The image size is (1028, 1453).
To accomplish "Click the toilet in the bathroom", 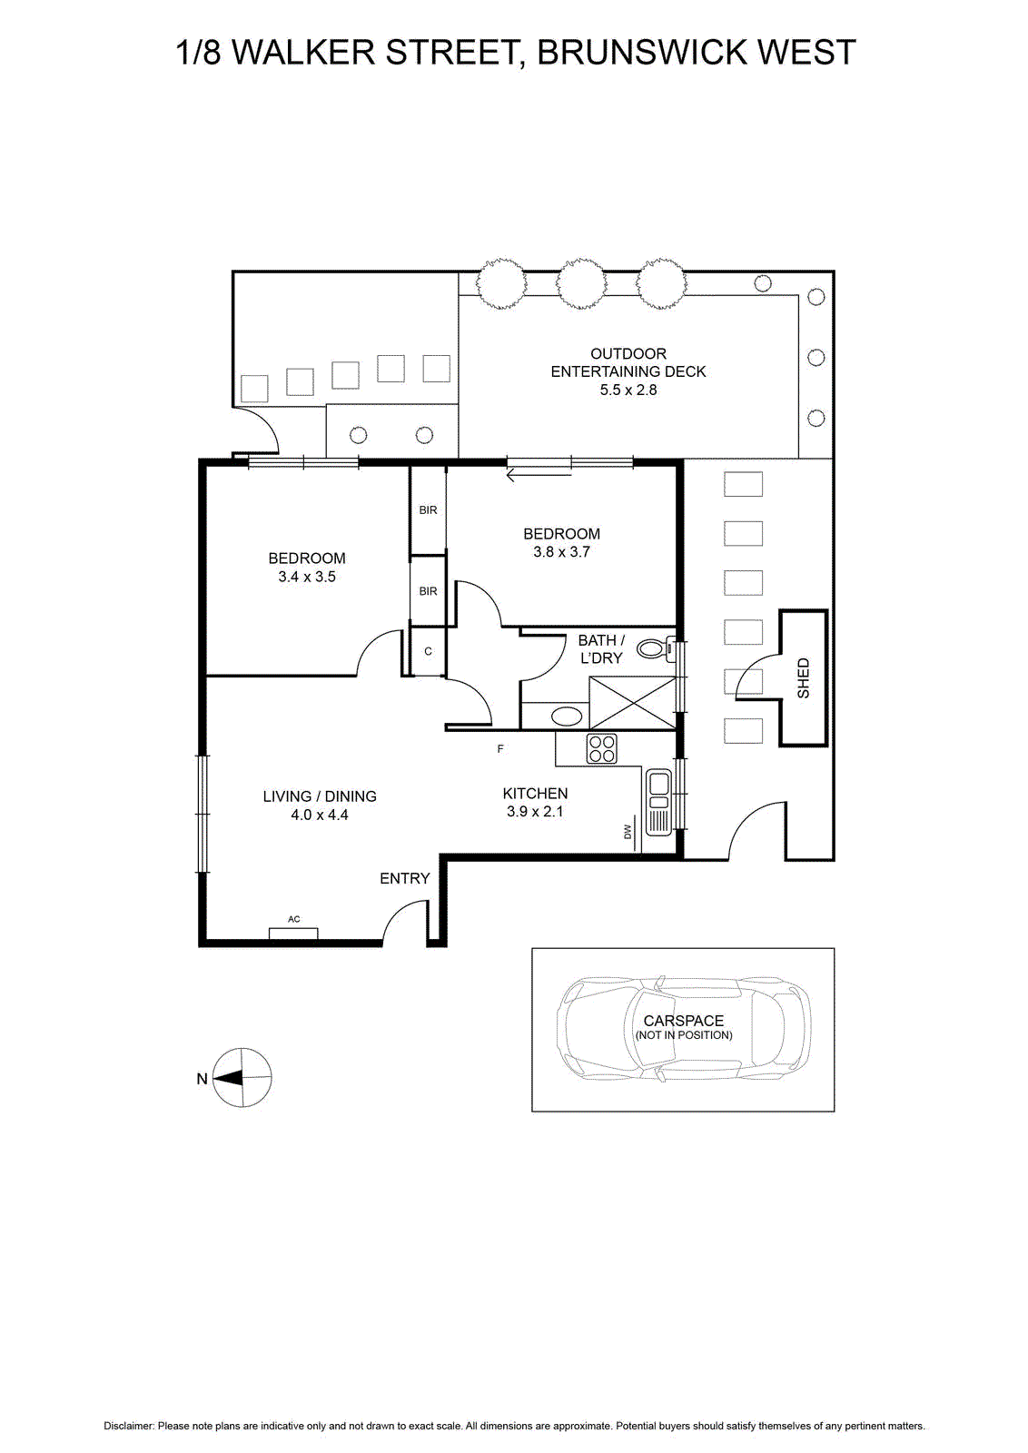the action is [656, 649].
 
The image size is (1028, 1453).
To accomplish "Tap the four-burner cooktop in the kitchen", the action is [601, 748].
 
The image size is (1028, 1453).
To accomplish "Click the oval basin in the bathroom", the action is [566, 717].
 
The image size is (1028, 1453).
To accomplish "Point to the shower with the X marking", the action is [632, 703].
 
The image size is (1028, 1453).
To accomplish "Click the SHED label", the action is [803, 678].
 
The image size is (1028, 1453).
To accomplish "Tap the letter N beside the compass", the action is [202, 1079].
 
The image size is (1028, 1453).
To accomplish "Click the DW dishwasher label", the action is [628, 831].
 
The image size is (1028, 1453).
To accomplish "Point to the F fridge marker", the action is [500, 748].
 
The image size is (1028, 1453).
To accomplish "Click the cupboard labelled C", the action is [428, 652].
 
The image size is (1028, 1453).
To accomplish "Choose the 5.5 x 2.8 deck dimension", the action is [628, 390].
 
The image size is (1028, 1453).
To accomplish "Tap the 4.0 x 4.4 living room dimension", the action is [319, 815].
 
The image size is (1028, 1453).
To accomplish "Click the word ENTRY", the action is [405, 878].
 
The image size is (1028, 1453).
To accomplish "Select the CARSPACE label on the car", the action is [684, 1021].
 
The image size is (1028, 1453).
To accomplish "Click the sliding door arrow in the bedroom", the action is [539, 477].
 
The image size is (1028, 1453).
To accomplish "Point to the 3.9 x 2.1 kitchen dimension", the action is [534, 812].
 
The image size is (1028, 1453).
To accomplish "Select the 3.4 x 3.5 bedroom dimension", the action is [307, 577].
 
